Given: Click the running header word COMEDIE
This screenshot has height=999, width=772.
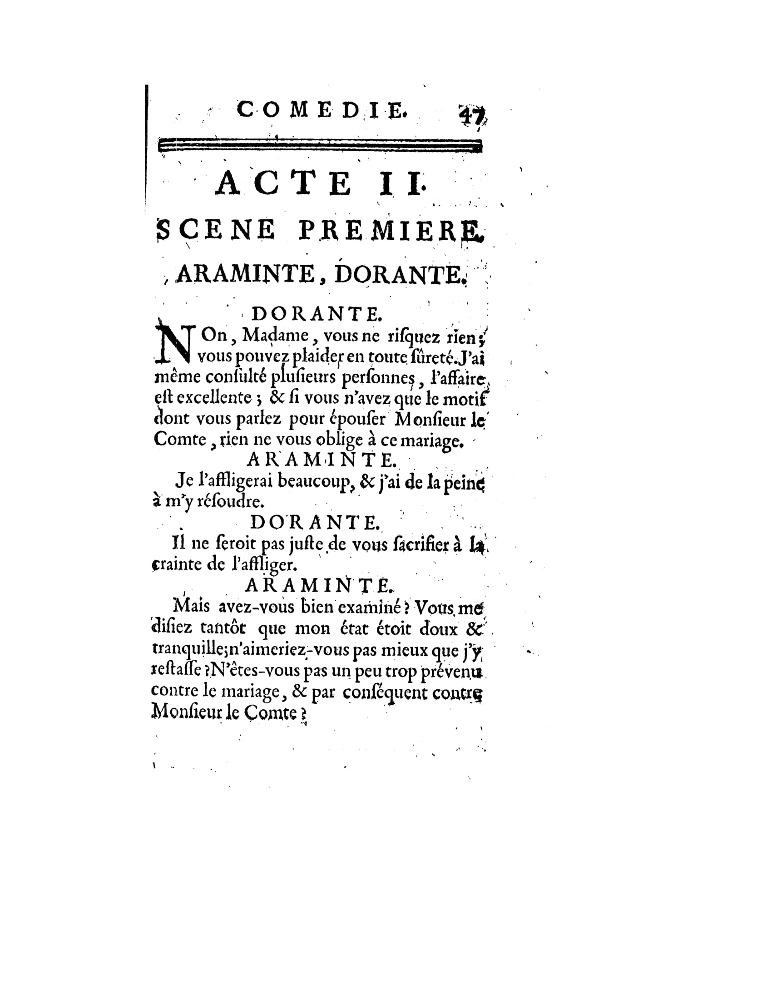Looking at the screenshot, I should coord(321,111).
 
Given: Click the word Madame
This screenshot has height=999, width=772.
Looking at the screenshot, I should coord(275,336).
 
